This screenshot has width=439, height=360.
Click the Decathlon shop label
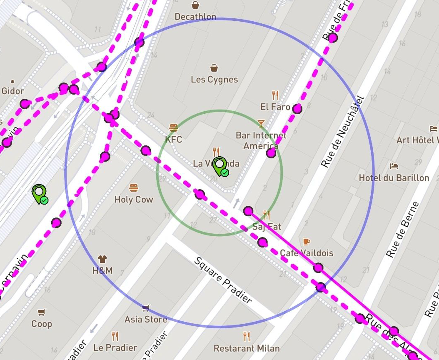tap(195, 17)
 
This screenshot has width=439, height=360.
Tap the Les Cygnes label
tap(214, 79)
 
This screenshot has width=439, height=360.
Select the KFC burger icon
tap(173, 127)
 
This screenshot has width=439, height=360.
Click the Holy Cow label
tap(134, 200)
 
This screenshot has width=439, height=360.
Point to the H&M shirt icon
tap(102, 259)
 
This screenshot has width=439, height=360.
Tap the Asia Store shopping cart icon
tap(146, 308)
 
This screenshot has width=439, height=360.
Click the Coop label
tap(42, 324)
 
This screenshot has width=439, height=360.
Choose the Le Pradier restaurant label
tap(115, 347)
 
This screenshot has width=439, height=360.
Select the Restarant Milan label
tap(247, 348)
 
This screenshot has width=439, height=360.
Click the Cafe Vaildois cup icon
tap(307, 242)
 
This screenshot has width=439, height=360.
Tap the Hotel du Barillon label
tap(394, 178)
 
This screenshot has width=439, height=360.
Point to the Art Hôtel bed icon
tap(434, 128)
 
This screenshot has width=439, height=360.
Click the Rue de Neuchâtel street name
tap(343, 132)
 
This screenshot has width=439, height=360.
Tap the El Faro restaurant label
tap(275, 107)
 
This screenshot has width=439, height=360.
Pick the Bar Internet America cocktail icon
tap(261, 123)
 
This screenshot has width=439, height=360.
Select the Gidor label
tap(13, 91)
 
